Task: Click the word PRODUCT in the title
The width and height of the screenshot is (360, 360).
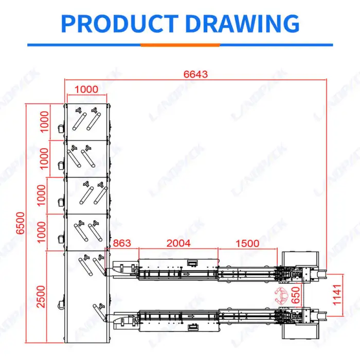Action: click(120, 24)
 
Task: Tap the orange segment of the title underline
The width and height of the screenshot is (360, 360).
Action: click(180, 45)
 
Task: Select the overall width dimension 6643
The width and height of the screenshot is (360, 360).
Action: click(195, 74)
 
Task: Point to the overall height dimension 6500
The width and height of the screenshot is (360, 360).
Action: click(21, 223)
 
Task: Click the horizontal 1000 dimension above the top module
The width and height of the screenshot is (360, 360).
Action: click(86, 89)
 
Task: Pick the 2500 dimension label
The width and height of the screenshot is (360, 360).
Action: click(41, 296)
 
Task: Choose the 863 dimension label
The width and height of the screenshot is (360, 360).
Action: click(122, 243)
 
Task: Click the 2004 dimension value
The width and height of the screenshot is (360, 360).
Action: click(178, 243)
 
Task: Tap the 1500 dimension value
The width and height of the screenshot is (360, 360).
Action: click(247, 243)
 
